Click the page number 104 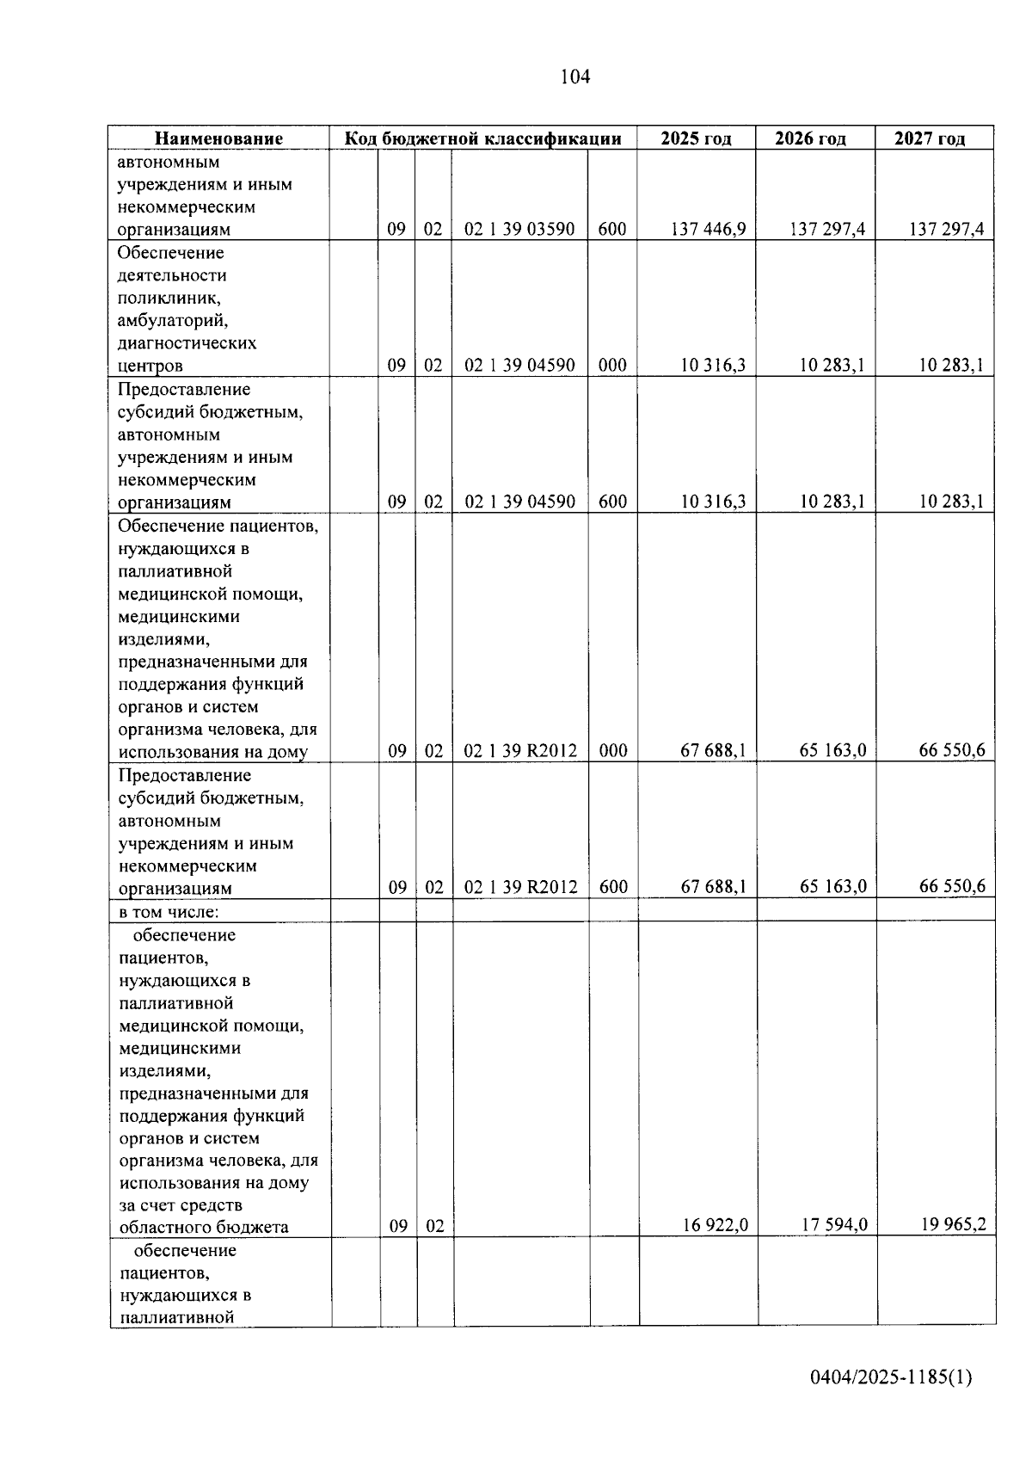pos(574,77)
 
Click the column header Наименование pos(218,139)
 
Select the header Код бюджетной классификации pos(482,139)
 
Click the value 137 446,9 pos(708,229)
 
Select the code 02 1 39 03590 pos(519,229)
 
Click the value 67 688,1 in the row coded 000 pos(713,750)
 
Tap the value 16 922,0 pos(715,1225)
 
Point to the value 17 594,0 pos(833,1225)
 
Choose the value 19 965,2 pos(953,1223)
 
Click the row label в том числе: pos(164,911)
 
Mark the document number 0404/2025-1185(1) pos(890,1377)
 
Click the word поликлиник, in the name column pos(169,298)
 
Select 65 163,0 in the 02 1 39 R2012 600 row pos(832,886)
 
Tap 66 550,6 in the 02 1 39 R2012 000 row pos(951,750)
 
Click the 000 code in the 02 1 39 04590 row pos(612,365)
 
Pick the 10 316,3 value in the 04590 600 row pos(713,502)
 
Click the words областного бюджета pos(204,1227)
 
